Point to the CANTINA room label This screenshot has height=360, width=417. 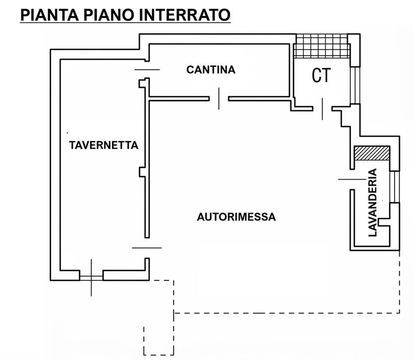pos(211,69)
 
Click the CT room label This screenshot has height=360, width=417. pos(321,76)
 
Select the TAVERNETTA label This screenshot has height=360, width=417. pos(104,145)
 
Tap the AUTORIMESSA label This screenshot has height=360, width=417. pos(236,217)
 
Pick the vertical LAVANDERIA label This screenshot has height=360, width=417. pos(372,203)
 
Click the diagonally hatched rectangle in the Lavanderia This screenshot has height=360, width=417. pos(372,153)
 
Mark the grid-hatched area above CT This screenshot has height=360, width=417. pos(321,46)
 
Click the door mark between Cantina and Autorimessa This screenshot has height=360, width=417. pos(219,98)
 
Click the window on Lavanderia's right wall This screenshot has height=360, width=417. pos(394,187)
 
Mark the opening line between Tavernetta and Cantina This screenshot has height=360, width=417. pos(147,69)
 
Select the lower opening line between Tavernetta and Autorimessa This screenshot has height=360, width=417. pos(147,247)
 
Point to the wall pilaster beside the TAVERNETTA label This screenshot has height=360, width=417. pos(142,172)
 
